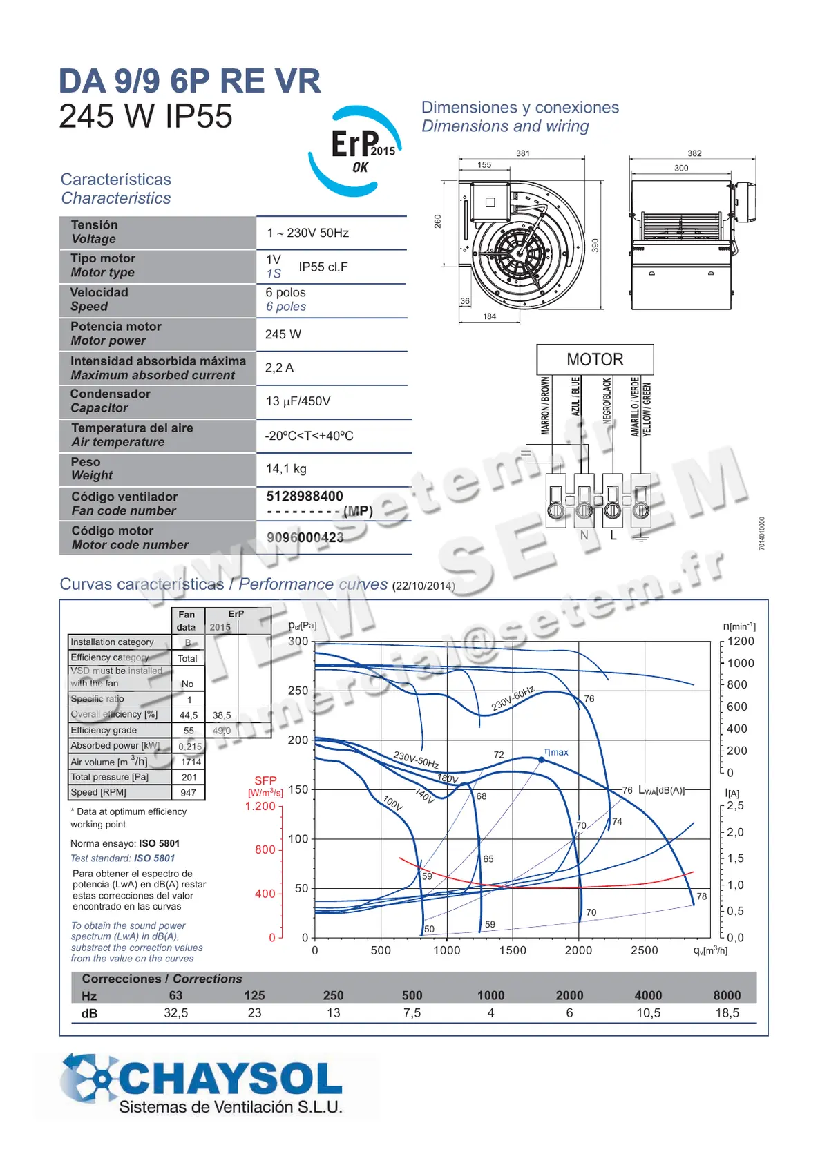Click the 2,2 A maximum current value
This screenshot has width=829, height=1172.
click(x=279, y=368)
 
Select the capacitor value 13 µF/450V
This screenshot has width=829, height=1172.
click(x=298, y=401)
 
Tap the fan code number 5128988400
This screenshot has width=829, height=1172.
click(x=305, y=497)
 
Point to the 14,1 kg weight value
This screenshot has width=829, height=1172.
click(x=286, y=469)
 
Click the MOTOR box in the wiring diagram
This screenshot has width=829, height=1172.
click(x=595, y=360)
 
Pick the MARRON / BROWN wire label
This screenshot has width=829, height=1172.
click(x=546, y=405)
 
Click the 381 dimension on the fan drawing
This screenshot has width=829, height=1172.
click(x=523, y=153)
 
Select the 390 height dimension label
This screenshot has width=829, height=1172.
click(x=595, y=245)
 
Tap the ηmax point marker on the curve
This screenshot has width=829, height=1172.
click(x=542, y=760)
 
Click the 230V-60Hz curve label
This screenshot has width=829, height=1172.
click(x=513, y=699)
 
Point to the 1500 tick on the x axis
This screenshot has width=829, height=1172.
click(x=513, y=951)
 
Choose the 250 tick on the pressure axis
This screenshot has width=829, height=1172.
click(x=298, y=691)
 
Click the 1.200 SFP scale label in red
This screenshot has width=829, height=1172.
click(x=260, y=806)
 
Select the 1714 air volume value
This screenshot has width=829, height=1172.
click(x=191, y=762)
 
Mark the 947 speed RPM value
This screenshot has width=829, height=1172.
click(x=189, y=793)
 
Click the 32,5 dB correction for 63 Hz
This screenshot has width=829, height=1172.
click(x=175, y=1013)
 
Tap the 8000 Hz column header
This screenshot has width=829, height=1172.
click(x=727, y=995)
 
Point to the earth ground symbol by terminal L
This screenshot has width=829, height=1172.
click(x=642, y=538)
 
